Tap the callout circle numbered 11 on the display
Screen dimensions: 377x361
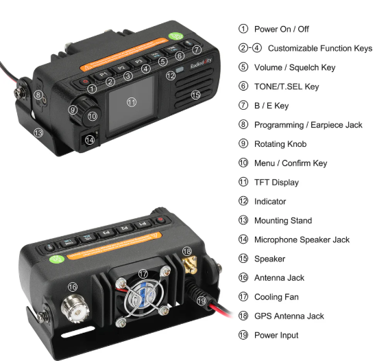(x=132, y=102)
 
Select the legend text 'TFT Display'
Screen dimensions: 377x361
(x=276, y=182)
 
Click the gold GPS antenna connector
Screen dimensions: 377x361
(x=190, y=265)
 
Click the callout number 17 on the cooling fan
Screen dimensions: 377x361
(x=143, y=274)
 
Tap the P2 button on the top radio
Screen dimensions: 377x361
(x=121, y=68)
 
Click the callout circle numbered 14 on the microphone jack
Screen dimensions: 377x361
(x=90, y=140)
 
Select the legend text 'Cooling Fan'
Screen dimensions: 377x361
(x=276, y=296)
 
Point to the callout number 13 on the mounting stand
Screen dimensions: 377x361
(x=38, y=132)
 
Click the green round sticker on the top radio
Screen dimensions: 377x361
(x=175, y=36)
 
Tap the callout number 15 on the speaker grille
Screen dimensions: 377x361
(x=196, y=95)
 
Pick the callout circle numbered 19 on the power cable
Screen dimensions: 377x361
(x=202, y=301)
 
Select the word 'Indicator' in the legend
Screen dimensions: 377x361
(x=270, y=201)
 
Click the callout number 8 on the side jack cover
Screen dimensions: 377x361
(x=38, y=95)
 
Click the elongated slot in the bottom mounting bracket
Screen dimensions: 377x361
(x=77, y=332)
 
